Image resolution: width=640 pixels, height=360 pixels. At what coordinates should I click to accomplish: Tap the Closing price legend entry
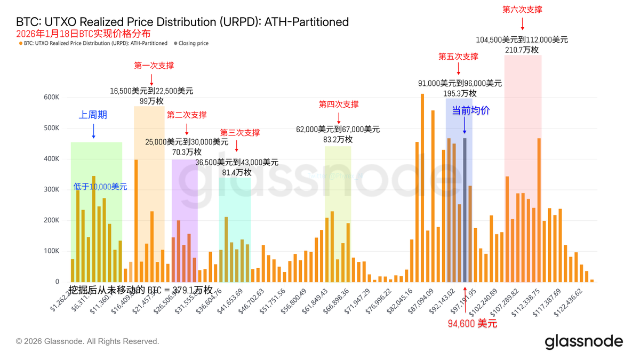[193, 43]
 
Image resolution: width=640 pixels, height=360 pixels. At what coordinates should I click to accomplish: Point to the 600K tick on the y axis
[52, 98]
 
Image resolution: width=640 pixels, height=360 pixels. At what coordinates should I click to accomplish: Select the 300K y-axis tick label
[52, 190]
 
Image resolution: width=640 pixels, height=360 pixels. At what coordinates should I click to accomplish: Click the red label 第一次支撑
[154, 66]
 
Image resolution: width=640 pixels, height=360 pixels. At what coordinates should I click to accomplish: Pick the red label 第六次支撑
[522, 10]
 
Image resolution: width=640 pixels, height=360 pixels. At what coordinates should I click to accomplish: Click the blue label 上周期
[93, 115]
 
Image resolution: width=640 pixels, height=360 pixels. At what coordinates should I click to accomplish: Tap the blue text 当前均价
[471, 110]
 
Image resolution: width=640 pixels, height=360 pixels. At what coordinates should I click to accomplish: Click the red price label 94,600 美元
[473, 323]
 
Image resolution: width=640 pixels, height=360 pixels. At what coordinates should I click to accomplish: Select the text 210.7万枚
[522, 50]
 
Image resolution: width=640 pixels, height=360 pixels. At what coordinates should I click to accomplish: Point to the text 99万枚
[152, 101]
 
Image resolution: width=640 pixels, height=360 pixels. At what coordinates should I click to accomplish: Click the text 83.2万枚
[338, 139]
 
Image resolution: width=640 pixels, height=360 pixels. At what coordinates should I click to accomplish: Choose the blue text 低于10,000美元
[100, 187]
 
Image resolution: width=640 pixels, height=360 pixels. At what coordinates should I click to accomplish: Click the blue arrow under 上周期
[93, 131]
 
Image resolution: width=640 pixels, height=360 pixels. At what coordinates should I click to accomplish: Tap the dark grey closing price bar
[465, 210]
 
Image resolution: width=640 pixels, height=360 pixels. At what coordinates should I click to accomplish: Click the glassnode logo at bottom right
[583, 341]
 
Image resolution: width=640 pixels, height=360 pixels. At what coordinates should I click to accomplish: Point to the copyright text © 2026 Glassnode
[87, 341]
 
